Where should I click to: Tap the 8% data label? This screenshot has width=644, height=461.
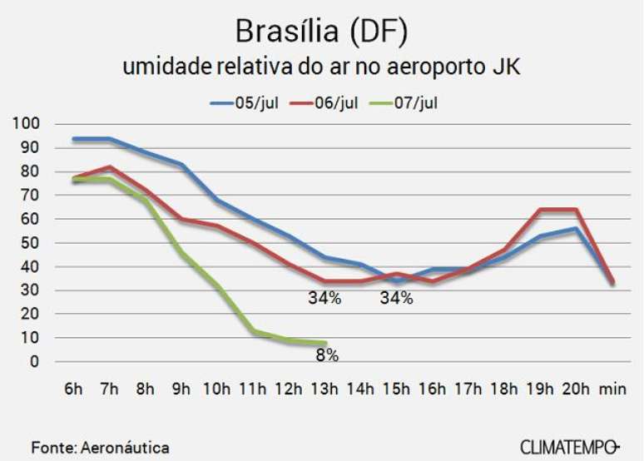[326, 355]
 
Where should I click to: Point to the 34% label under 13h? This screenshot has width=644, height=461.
[324, 299]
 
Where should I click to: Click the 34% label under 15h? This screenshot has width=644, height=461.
[396, 299]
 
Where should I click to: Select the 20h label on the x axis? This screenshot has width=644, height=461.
[576, 389]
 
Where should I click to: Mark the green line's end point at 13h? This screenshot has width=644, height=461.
[324, 343]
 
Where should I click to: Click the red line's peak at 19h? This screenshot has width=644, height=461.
[541, 210]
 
